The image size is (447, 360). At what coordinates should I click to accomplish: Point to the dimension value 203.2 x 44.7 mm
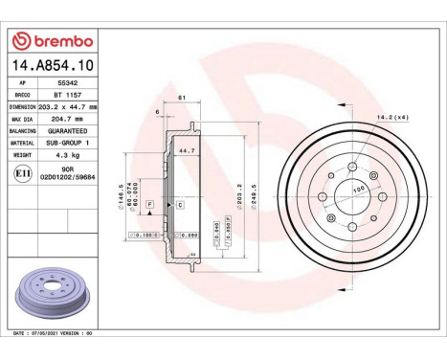click(x=74, y=107)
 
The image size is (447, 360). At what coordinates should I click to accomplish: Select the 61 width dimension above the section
click(x=181, y=98)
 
